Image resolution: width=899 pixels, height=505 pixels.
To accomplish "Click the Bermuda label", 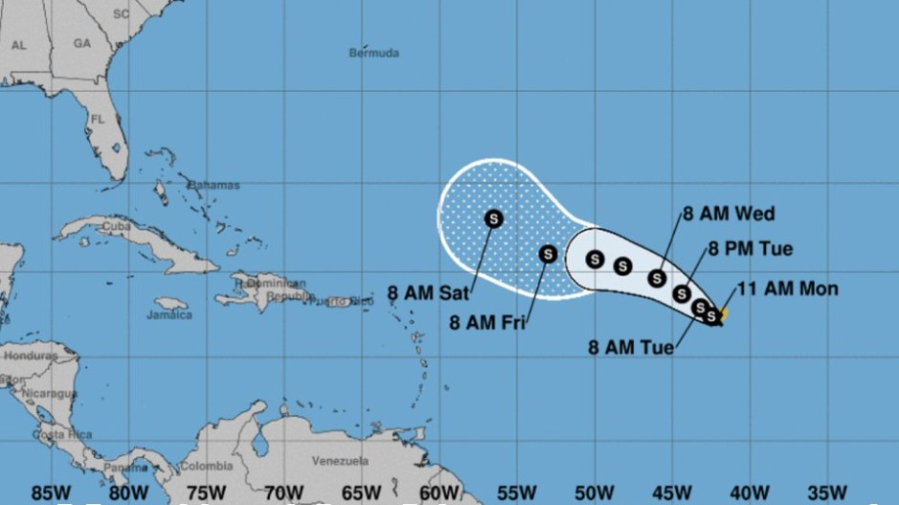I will coord(374,53).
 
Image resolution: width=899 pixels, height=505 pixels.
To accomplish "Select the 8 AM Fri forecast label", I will coord(485,322).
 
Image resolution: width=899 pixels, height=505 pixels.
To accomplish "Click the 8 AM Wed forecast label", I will coord(729,213).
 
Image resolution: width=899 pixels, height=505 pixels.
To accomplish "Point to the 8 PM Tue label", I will coord(750,249).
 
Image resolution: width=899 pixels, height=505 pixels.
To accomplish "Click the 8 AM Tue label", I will coord(630,347).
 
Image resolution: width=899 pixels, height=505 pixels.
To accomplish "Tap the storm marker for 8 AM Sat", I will coord(493,219).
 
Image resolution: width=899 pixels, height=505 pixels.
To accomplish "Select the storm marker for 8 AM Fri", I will coord(548,253).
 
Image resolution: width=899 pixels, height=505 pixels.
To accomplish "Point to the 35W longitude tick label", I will coord(826,493).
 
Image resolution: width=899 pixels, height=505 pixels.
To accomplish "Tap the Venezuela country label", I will coord(340,461).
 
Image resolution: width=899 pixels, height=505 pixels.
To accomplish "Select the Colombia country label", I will coord(207,467).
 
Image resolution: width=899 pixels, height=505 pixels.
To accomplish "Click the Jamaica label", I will coord(169,314).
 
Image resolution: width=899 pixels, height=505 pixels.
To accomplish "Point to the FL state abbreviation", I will coord(98,120).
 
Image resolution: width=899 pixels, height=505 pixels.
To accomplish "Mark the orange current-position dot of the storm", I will coord(723,313).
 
